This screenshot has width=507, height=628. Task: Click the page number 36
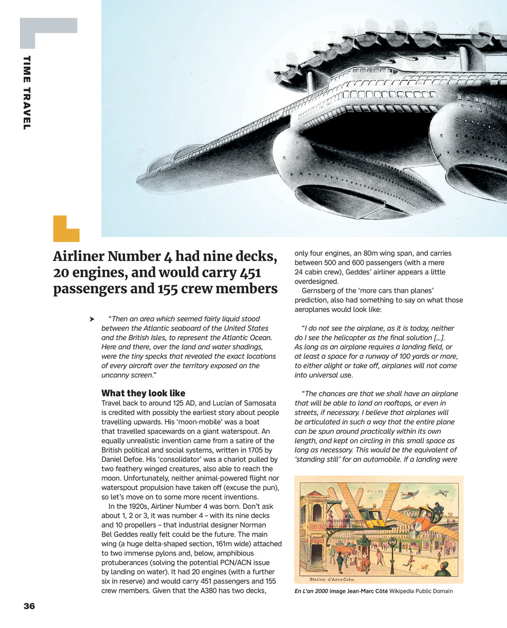29,606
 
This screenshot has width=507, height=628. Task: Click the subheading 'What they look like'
143,393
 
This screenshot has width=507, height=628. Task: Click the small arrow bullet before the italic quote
91,319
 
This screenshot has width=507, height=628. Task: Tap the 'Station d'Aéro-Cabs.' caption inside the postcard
332,579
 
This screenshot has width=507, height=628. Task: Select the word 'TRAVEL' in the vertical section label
27,108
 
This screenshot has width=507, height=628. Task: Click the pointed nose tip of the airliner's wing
139,186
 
